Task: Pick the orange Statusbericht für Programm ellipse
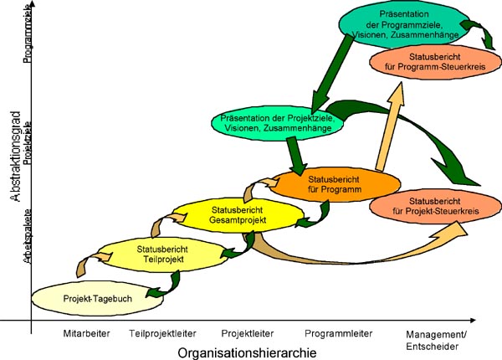pyautogui.click(x=334, y=185)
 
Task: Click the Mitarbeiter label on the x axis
pyautogui.click(x=86, y=333)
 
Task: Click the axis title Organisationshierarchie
pyautogui.click(x=247, y=352)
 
